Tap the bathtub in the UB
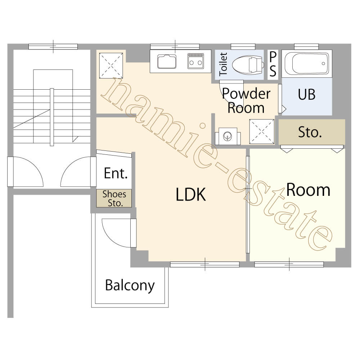point(307,63)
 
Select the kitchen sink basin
point(167,62)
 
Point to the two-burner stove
point(195,61)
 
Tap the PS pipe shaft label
point(273,64)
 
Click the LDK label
point(190,194)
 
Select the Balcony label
point(130,285)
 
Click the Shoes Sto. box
point(114,198)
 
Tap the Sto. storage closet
point(312,132)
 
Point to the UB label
point(306,94)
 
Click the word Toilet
point(223,64)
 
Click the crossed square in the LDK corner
point(111,66)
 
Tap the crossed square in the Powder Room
point(262,131)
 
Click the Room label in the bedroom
point(309,190)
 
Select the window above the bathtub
point(306,46)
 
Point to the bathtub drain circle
point(323,64)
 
